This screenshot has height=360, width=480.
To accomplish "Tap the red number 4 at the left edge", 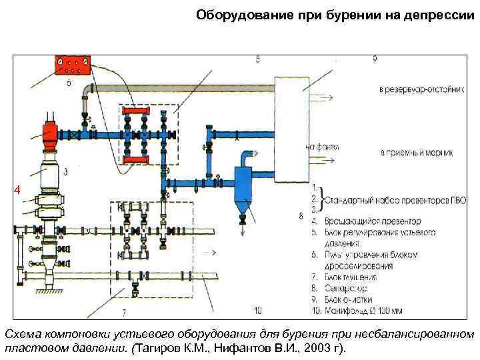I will (19, 191).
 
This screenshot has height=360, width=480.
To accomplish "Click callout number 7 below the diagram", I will (123, 312).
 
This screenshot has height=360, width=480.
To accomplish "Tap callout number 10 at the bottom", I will (258, 310).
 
